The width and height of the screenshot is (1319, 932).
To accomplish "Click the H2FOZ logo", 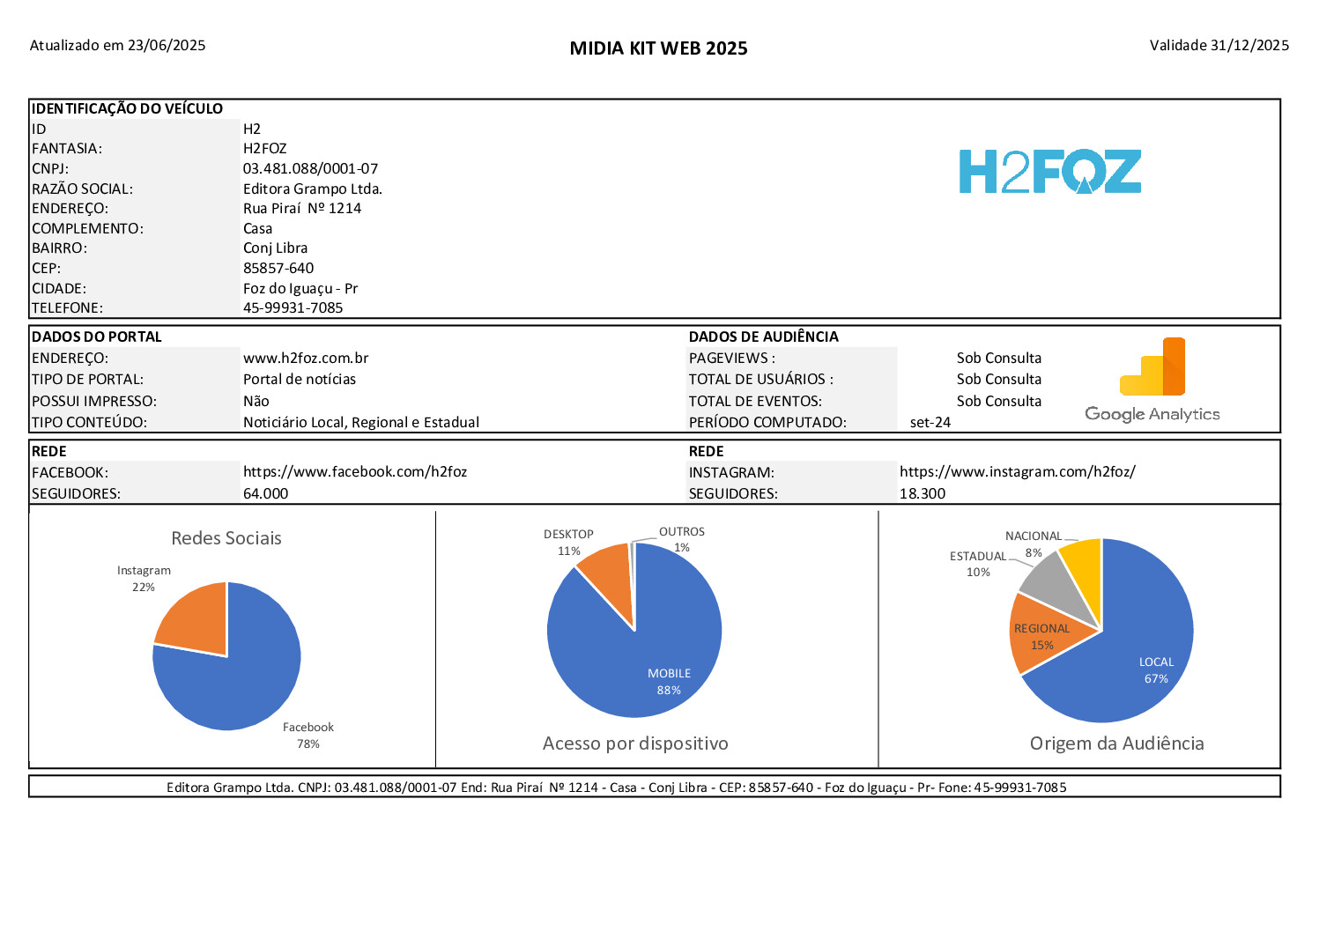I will click(1049, 172).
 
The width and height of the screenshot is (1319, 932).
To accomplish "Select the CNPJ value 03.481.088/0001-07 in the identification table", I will click(310, 168).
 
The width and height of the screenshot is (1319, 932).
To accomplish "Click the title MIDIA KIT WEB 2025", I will click(658, 48).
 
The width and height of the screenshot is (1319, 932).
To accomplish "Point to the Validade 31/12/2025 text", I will click(1219, 45).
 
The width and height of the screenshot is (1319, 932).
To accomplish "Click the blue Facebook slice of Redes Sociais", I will click(238, 687).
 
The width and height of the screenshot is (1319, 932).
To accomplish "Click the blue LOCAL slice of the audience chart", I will click(1137, 652).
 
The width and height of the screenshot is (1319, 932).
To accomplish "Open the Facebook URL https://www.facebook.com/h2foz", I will click(355, 471).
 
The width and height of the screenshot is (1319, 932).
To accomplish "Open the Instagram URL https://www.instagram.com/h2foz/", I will click(1017, 471).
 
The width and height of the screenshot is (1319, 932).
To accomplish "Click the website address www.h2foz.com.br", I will click(306, 358).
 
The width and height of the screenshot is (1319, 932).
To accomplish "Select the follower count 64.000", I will click(265, 493).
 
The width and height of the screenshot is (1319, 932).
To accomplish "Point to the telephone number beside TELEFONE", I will click(293, 307).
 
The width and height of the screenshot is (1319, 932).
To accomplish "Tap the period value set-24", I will click(930, 422).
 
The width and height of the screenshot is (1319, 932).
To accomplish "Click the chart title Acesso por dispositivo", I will click(635, 743).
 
